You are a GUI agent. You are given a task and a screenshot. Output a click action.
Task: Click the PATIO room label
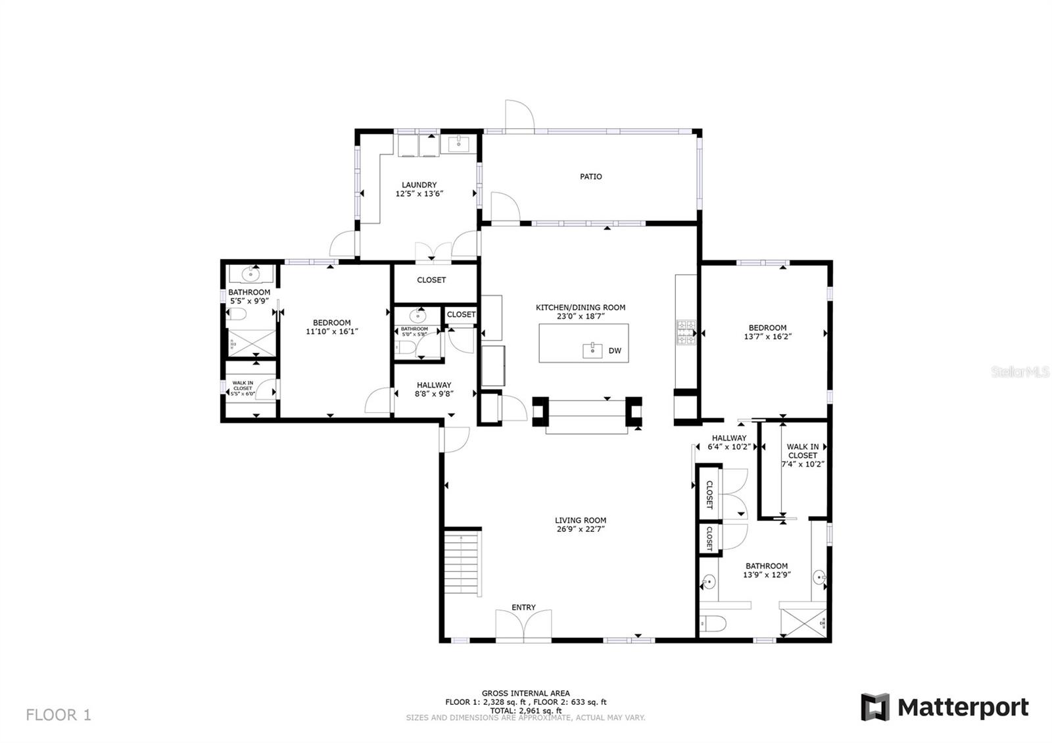click(x=590, y=176)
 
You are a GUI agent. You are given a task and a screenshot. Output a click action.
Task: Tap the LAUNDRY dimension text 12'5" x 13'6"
click(x=419, y=194)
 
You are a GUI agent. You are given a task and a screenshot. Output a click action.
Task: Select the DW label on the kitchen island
click(x=615, y=351)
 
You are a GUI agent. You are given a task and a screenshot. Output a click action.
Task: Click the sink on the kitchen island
click(x=592, y=350)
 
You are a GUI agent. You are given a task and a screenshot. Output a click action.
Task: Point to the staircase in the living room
click(x=462, y=562)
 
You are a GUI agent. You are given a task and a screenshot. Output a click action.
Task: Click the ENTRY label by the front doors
click(x=523, y=608)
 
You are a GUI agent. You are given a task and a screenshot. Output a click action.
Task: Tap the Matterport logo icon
click(x=875, y=707)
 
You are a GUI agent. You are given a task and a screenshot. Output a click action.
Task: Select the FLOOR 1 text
click(x=59, y=715)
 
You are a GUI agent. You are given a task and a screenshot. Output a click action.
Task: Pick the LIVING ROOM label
click(x=580, y=520)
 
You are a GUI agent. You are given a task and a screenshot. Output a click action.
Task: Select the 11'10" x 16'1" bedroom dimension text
click(x=331, y=331)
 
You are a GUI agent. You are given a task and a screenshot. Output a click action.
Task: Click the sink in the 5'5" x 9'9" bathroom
click(x=251, y=274)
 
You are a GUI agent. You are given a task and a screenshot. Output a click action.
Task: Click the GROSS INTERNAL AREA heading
click(x=525, y=693)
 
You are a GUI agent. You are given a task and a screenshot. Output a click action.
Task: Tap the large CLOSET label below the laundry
click(x=431, y=280)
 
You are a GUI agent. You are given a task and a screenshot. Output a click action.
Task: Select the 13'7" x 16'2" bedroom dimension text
click(x=767, y=337)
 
